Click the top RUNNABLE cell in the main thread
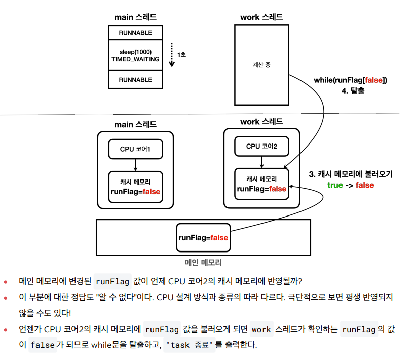(x=135, y=33)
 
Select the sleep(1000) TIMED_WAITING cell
(x=135, y=56)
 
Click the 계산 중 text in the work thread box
(x=261, y=65)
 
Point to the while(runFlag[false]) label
(x=350, y=80)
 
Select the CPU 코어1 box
(x=135, y=149)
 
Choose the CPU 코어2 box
(x=261, y=147)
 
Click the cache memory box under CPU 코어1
(x=135, y=186)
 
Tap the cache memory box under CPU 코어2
(x=261, y=184)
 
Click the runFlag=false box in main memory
(x=203, y=237)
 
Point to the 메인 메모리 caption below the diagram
(x=203, y=263)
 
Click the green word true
(x=335, y=185)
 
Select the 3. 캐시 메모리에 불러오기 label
(x=351, y=174)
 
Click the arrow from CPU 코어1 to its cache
(x=135, y=165)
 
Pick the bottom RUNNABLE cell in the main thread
(x=135, y=80)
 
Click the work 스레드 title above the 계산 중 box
(x=261, y=17)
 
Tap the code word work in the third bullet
(x=261, y=330)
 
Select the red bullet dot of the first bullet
(x=6, y=281)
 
